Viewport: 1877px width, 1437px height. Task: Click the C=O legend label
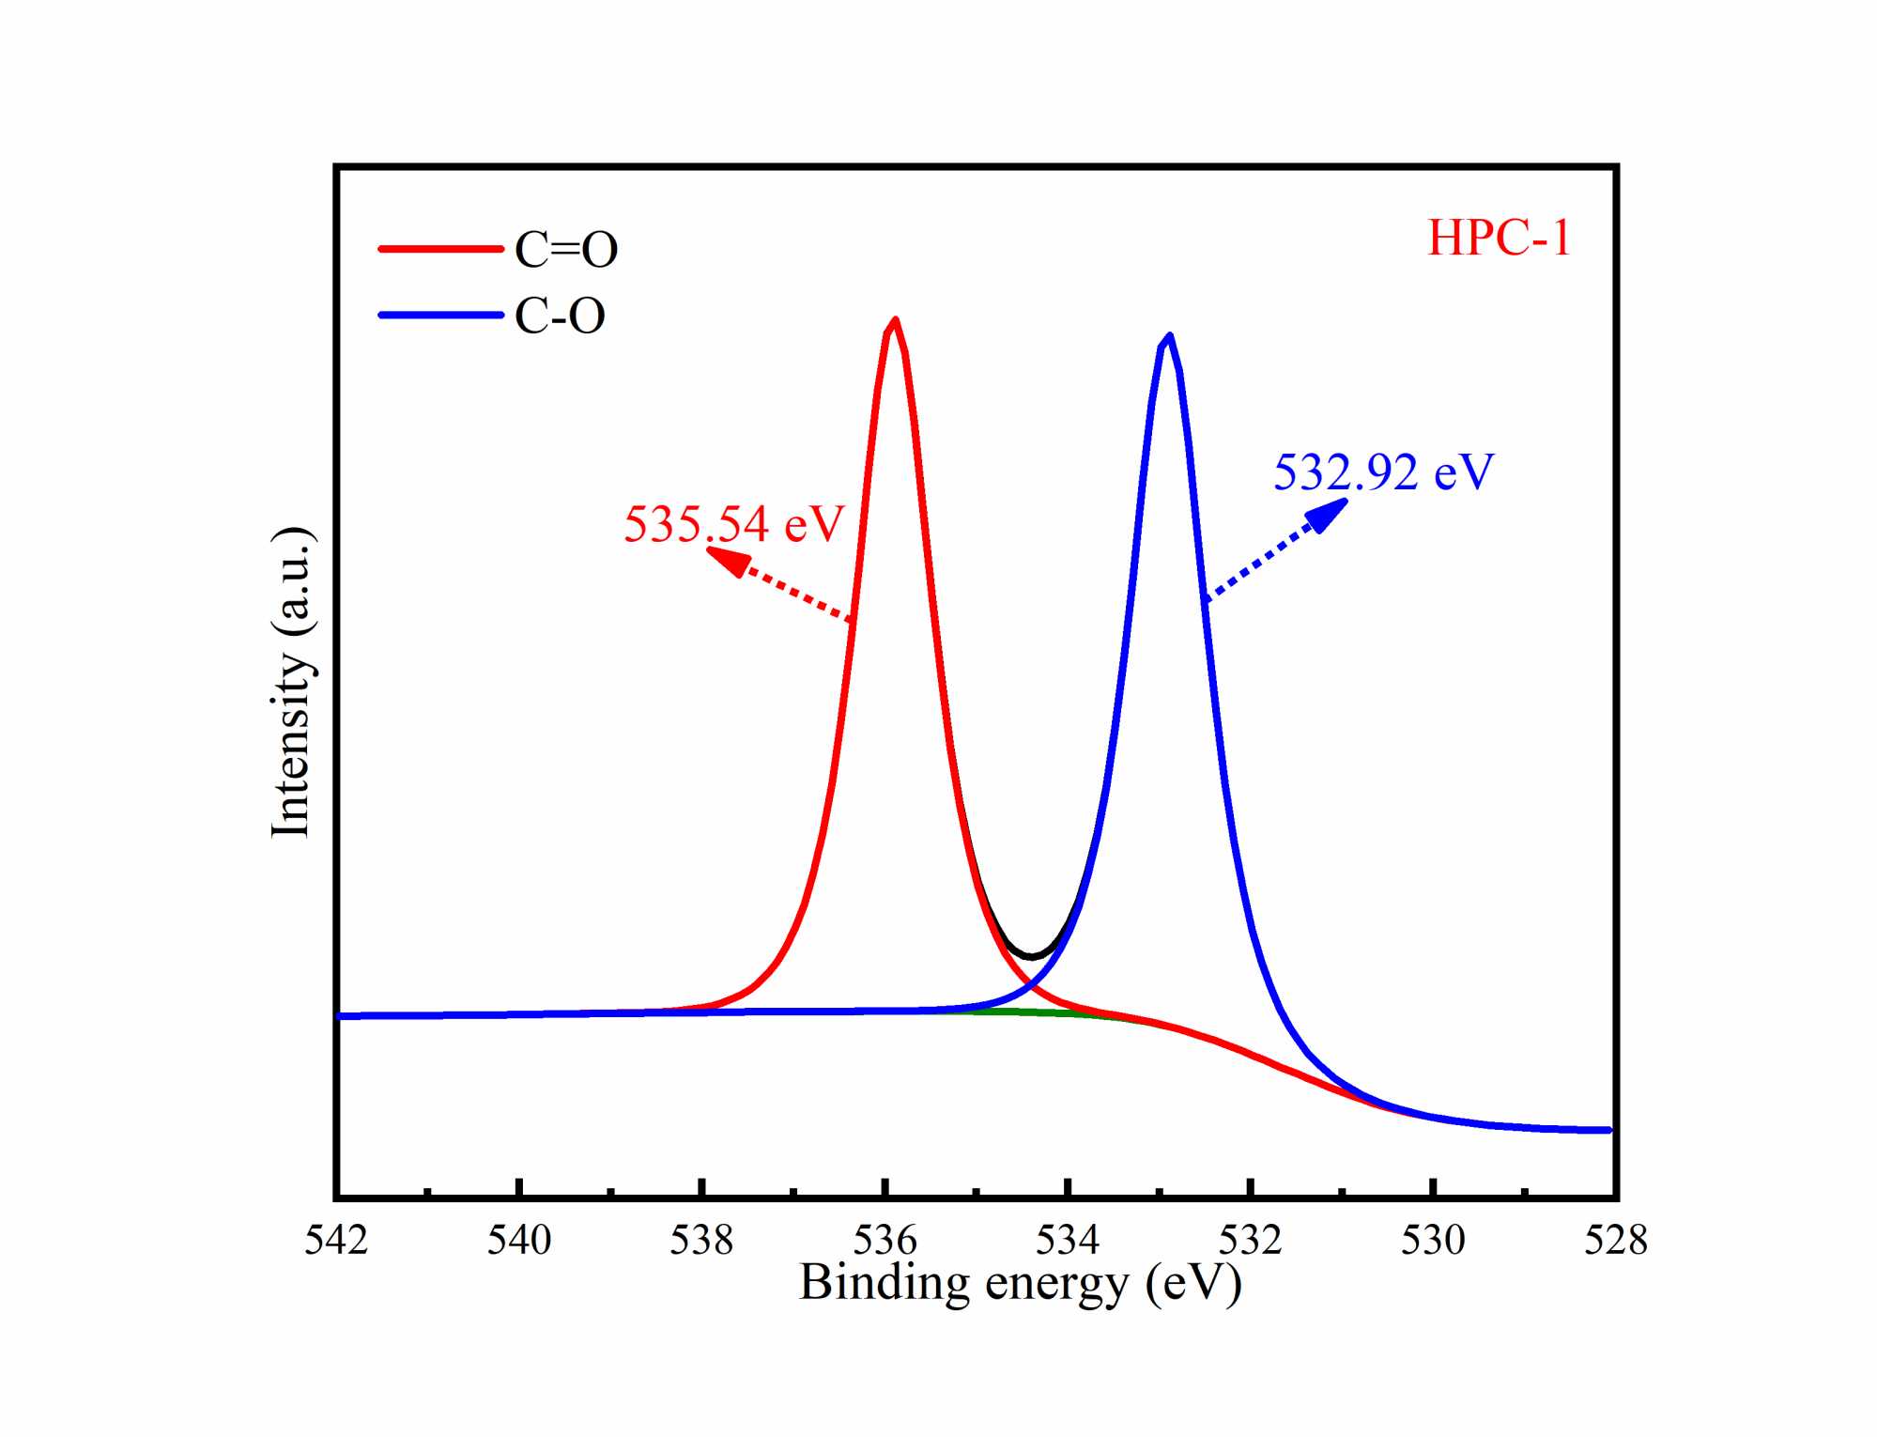click(566, 250)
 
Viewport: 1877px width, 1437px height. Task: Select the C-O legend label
click(560, 316)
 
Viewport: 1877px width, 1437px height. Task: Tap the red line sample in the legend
click(440, 249)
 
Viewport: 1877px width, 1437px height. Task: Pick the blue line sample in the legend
click(440, 315)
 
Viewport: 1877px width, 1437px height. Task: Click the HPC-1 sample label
click(1499, 238)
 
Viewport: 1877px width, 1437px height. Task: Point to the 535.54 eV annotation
click(733, 523)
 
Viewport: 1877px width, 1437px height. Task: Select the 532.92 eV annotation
click(1382, 471)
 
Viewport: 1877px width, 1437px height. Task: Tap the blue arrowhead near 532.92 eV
click(1327, 515)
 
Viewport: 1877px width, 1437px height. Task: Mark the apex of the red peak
click(895, 320)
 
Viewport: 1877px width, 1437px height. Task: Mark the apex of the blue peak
click(1169, 335)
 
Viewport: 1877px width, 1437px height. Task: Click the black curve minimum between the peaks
click(1033, 957)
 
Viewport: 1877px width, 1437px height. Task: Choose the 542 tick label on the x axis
click(336, 1241)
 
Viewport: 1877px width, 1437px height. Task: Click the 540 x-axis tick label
click(519, 1241)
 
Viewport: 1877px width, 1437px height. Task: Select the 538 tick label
click(701, 1241)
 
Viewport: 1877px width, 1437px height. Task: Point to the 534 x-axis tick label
click(1068, 1241)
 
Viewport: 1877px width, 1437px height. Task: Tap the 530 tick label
click(1433, 1241)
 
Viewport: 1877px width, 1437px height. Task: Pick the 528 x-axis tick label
click(1616, 1241)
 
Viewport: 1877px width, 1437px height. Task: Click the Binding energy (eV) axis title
click(1020, 1283)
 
